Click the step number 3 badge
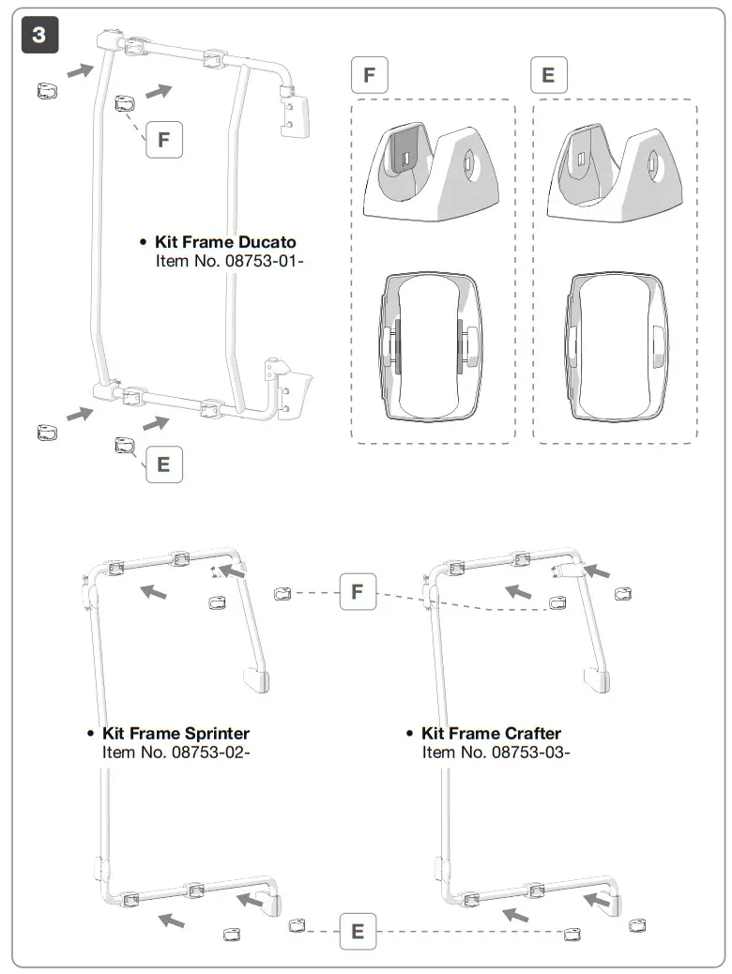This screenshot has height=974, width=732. coord(38,35)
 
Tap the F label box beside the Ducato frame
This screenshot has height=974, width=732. coord(164,140)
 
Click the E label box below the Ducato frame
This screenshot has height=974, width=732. coord(164,464)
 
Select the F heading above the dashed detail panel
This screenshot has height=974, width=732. coord(369,75)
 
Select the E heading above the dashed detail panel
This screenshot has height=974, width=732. coord(549,75)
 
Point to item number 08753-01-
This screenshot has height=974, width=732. coord(230,260)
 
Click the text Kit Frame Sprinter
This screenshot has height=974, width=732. coord(175,733)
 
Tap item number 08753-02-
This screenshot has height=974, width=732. coord(175,752)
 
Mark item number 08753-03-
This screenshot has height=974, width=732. coord(496,752)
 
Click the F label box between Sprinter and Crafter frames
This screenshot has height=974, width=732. coord(358,592)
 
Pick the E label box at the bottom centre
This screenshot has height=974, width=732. coord(358,932)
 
